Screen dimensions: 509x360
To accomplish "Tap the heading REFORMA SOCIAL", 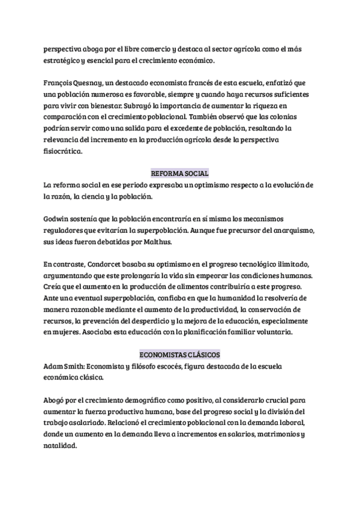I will coord(179,173).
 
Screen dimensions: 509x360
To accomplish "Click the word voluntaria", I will coord(289,332).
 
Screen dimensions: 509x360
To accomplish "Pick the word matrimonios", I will coord(280,434).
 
